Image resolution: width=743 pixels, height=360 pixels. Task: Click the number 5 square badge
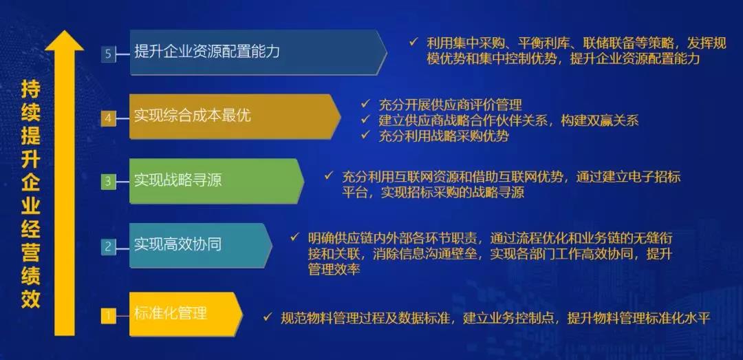[108, 54]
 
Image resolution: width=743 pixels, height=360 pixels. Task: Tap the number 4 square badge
[108, 118]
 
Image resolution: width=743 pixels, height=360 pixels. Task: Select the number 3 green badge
[108, 181]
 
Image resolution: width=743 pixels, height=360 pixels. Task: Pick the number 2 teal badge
[108, 246]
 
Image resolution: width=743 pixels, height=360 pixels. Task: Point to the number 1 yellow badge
[108, 315]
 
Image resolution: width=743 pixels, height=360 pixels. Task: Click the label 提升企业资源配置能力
[207, 52]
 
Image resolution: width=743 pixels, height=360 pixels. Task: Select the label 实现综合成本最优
[193, 115]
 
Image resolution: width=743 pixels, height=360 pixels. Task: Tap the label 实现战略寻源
[177, 180]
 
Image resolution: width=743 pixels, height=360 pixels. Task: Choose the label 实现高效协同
[177, 245]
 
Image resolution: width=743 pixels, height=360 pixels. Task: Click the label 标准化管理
[170, 313]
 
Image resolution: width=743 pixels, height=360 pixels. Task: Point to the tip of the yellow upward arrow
[65, 31]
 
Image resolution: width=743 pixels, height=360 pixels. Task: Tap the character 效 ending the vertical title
[31, 299]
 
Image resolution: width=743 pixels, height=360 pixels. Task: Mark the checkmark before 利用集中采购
[413, 42]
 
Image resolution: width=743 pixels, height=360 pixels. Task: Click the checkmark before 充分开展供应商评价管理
[365, 103]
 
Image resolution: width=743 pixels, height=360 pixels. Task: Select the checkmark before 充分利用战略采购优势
[365, 135]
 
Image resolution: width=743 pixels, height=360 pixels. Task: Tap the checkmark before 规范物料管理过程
[268, 316]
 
